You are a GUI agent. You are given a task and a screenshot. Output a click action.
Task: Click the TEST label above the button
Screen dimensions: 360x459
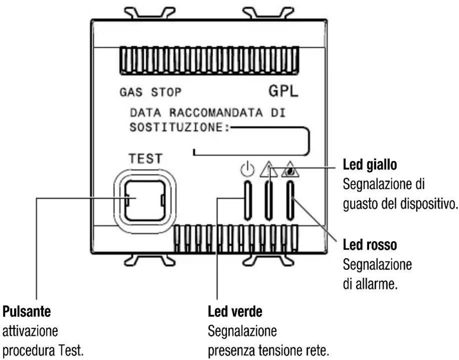(x=146, y=159)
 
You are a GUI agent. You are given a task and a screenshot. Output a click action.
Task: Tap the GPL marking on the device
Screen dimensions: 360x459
(x=284, y=91)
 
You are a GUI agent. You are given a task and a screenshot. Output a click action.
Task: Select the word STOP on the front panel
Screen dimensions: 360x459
(x=166, y=92)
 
